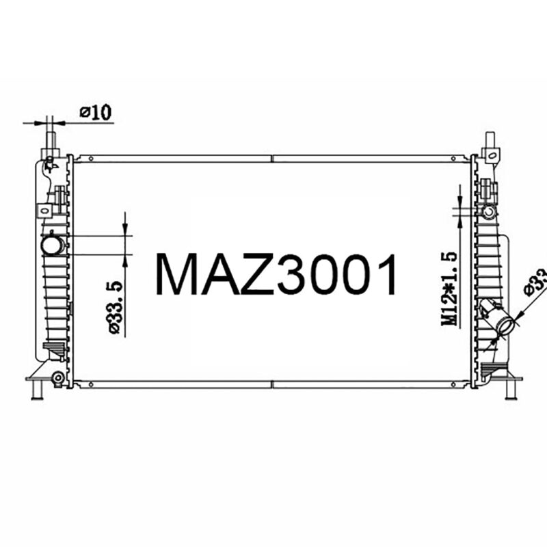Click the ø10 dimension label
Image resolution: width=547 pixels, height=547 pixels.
(x=95, y=112)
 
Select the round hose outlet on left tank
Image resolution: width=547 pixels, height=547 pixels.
(x=52, y=244)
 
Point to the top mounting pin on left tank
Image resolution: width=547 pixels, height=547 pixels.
(x=51, y=140)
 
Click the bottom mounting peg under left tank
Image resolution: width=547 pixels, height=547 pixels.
(x=38, y=390)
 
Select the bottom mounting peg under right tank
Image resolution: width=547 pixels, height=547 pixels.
(x=509, y=390)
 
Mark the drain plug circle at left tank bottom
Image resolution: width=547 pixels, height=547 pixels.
(x=58, y=377)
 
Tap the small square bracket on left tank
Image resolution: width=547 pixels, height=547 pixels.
(x=44, y=210)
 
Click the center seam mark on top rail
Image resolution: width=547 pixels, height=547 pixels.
(x=273, y=159)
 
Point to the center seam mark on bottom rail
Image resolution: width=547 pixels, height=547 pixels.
(x=273, y=384)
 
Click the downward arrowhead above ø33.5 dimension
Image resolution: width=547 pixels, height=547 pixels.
(x=125, y=229)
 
